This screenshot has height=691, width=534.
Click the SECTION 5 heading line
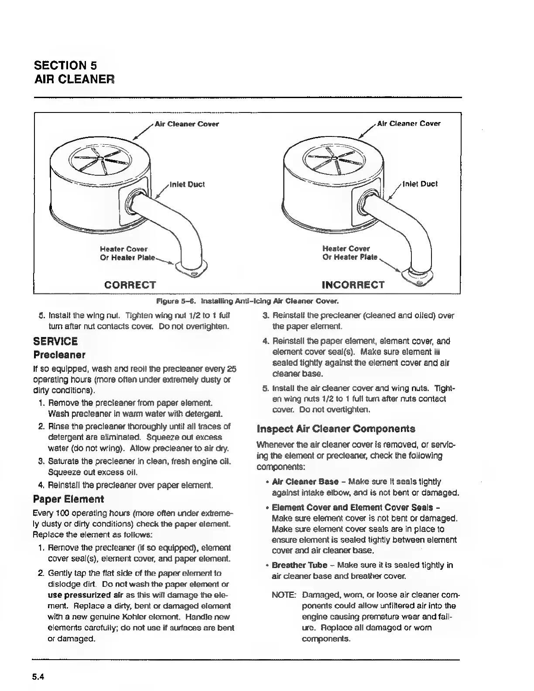(65, 65)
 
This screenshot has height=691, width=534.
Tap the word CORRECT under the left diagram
(130, 285)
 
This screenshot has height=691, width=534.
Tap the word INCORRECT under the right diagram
(353, 285)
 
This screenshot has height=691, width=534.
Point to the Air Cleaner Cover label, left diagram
(187, 124)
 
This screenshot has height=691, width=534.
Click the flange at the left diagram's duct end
(192, 270)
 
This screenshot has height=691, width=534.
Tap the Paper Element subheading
(68, 499)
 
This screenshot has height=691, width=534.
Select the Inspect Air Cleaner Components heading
(336, 429)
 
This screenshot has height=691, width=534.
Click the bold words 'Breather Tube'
(299, 565)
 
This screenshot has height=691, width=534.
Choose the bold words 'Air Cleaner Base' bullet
(305, 482)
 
